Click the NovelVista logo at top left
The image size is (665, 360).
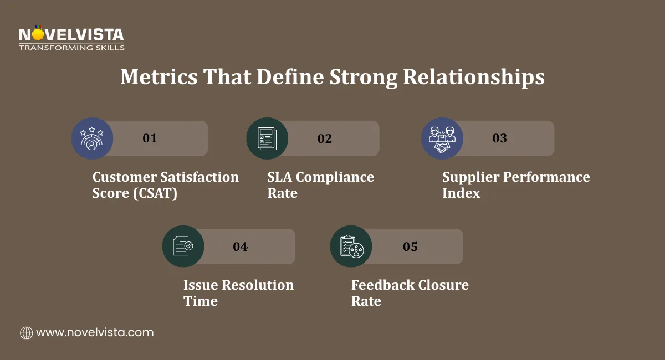tap(71, 39)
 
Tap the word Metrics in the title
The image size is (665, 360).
tap(158, 77)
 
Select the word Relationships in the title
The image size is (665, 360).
tap(473, 77)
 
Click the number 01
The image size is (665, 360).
tap(150, 138)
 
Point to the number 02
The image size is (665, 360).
tap(325, 138)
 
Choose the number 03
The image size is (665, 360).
tap(500, 138)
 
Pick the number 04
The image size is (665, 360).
tap(240, 246)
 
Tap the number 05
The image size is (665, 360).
tap(410, 246)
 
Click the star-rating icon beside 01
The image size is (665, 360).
tap(92, 138)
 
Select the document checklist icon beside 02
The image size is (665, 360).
tap(267, 138)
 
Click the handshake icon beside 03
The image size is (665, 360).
tap(442, 138)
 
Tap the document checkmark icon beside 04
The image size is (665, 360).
tap(183, 246)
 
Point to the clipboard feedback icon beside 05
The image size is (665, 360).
tap(351, 246)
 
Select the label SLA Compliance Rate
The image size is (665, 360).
tap(320, 185)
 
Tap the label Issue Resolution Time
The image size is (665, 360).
tap(238, 293)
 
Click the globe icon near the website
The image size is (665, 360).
tap(26, 333)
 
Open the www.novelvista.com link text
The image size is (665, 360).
tap(95, 333)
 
